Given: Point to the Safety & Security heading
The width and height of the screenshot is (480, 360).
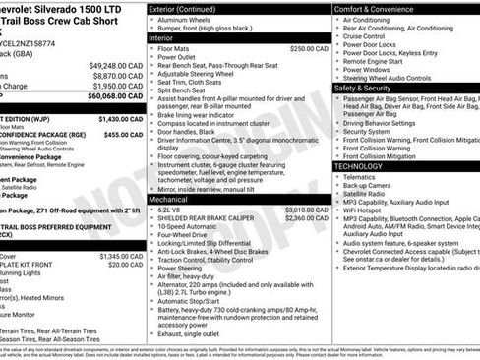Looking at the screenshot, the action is coord(369,88).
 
